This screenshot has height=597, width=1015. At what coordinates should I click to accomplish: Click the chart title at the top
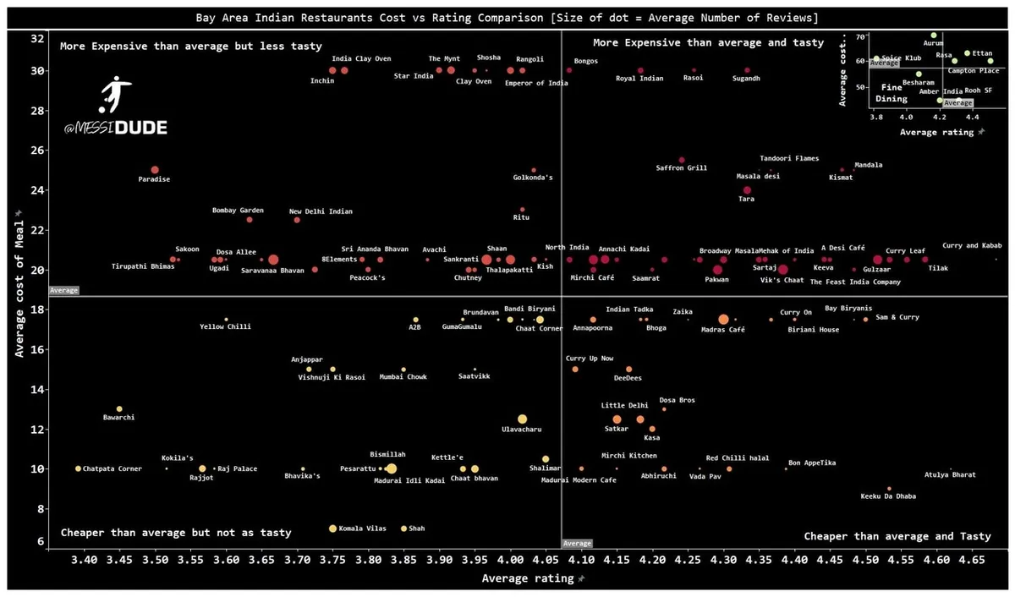coord(507,17)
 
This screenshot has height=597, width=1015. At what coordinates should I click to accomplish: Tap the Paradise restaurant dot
coord(155,170)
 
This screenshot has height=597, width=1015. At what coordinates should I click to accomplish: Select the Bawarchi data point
coord(119,409)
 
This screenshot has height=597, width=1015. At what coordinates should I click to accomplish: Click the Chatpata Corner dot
coord(79,468)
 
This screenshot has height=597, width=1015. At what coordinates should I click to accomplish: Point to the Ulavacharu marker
coord(522,419)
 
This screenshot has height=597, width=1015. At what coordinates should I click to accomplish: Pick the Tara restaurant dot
coord(747,190)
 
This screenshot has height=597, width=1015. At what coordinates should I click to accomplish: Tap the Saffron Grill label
coord(682,168)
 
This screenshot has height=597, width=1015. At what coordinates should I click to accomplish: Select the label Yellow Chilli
coord(225,326)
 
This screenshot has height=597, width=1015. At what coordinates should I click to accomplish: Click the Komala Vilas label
coord(363,529)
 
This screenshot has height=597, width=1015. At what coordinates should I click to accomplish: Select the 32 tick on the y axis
coord(37,39)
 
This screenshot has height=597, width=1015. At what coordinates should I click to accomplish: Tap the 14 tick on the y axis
coord(37,389)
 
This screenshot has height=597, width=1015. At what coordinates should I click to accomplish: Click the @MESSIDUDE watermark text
coord(115,129)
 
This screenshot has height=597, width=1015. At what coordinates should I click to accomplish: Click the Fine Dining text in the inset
coord(892,93)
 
